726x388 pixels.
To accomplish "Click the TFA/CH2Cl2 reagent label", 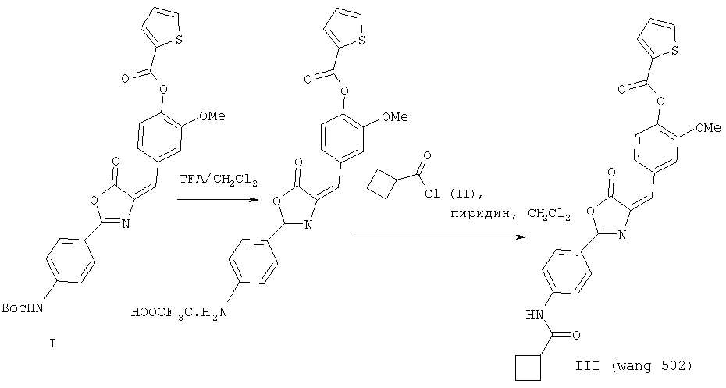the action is click(x=217, y=180).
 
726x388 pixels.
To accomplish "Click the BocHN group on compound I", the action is click(x=22, y=308).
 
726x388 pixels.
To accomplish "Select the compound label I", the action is click(x=52, y=344).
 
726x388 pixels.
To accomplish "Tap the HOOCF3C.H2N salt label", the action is click(x=180, y=313).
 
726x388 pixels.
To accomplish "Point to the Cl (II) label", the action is click(x=454, y=194).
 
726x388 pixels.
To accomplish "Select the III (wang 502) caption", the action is click(x=634, y=366).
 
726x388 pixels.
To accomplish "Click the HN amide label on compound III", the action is click(x=535, y=315).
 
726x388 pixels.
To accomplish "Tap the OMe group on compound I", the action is click(x=212, y=116).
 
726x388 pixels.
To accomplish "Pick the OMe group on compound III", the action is click(x=708, y=127).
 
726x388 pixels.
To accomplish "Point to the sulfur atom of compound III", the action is click(x=674, y=52).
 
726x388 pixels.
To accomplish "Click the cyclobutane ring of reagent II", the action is click(x=383, y=183).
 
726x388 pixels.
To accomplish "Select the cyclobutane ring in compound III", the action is click(x=528, y=368).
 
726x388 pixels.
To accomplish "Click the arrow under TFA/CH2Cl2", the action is click(x=218, y=200).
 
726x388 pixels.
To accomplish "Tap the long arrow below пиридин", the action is click(x=440, y=237).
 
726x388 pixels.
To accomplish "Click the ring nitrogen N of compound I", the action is click(x=125, y=225).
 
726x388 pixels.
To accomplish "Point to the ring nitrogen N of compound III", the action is click(x=622, y=235).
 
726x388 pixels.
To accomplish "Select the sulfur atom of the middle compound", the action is click(x=361, y=41).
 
